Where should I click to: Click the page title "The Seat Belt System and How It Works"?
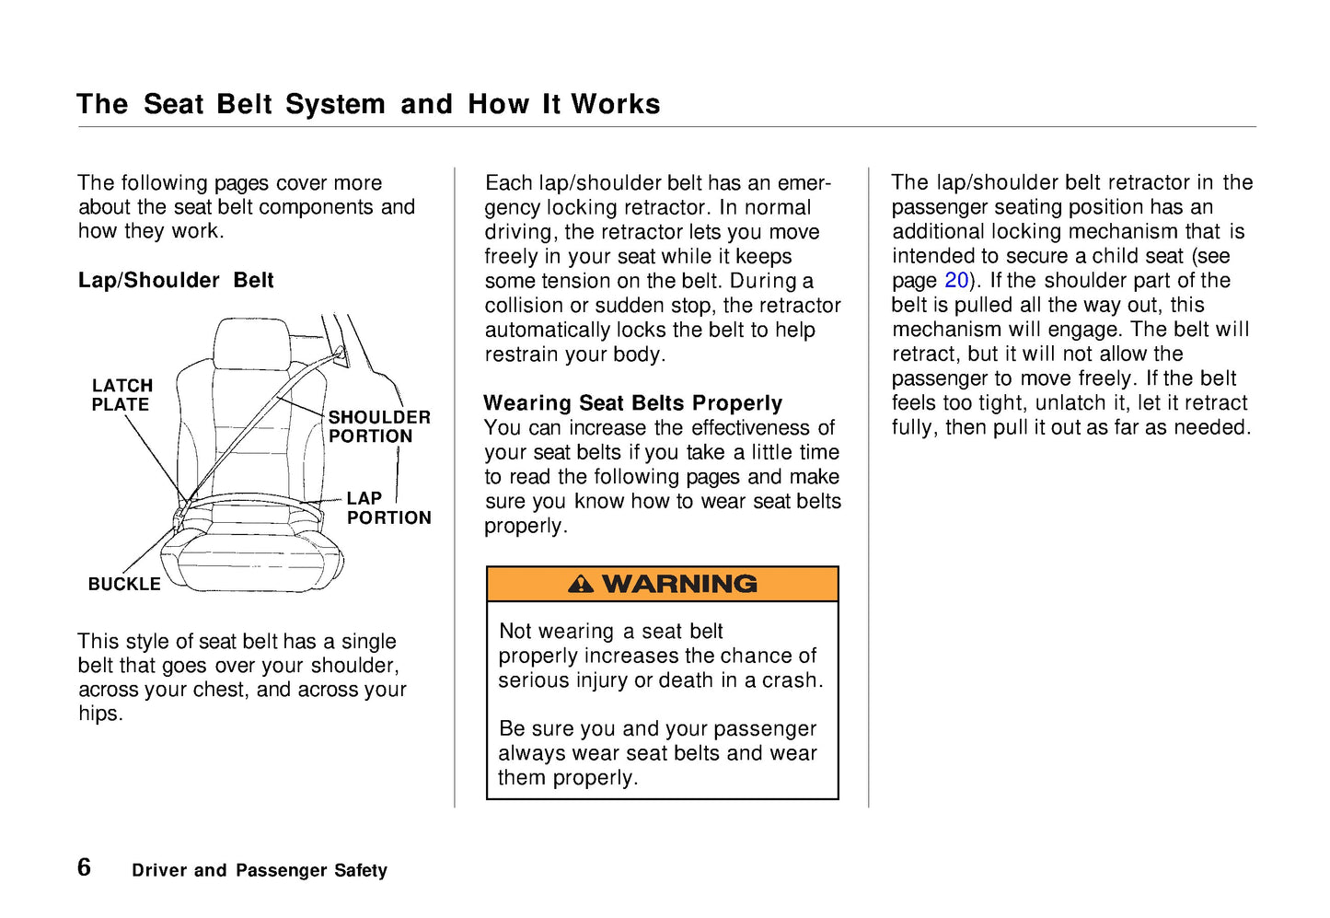(x=368, y=104)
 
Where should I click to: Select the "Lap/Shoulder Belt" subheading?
(x=176, y=280)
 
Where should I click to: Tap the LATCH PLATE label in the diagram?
(x=121, y=395)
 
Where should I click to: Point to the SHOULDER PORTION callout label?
(x=379, y=426)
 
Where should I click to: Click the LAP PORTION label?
(x=388, y=508)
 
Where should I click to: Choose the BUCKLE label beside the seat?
(x=124, y=584)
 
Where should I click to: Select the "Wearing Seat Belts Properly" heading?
(x=633, y=403)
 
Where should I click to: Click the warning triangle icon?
(x=581, y=584)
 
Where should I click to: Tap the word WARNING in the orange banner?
(x=679, y=584)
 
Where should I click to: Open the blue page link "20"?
(x=956, y=281)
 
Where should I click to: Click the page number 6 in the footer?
(x=85, y=867)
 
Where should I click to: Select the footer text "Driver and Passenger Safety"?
(x=260, y=870)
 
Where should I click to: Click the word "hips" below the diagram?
(x=98, y=714)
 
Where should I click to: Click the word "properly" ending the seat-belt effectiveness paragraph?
(x=525, y=526)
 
